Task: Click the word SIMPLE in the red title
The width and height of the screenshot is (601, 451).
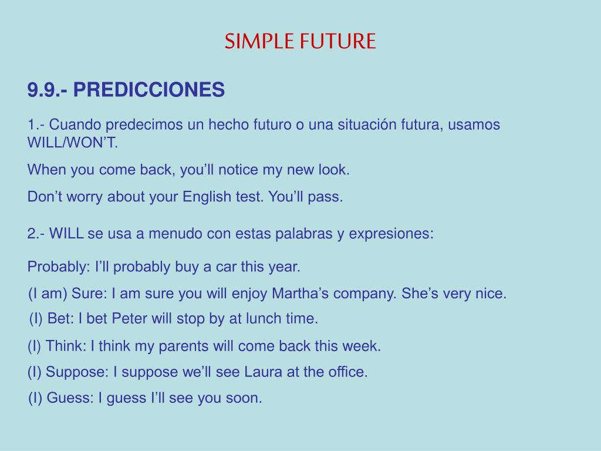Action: (259, 41)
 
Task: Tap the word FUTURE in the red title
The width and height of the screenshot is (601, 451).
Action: (337, 41)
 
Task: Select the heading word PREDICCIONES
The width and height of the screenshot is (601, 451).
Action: (148, 89)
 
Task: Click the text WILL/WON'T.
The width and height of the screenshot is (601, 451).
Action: (72, 143)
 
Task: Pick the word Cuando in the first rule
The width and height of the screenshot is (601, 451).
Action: (75, 124)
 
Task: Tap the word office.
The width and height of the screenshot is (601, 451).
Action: (348, 372)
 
